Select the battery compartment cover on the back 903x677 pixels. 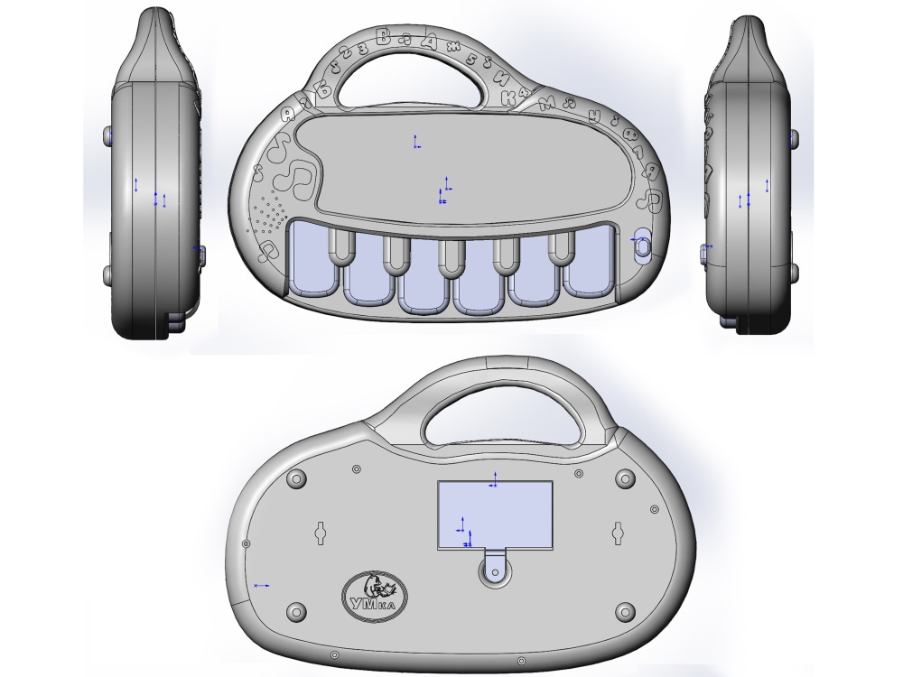[494, 515]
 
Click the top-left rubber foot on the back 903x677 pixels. [294, 479]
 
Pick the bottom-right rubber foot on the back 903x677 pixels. [623, 613]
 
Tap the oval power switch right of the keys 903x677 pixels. [642, 246]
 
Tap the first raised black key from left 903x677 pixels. [338, 247]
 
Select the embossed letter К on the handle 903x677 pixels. [511, 98]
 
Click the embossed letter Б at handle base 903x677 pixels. [317, 87]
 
